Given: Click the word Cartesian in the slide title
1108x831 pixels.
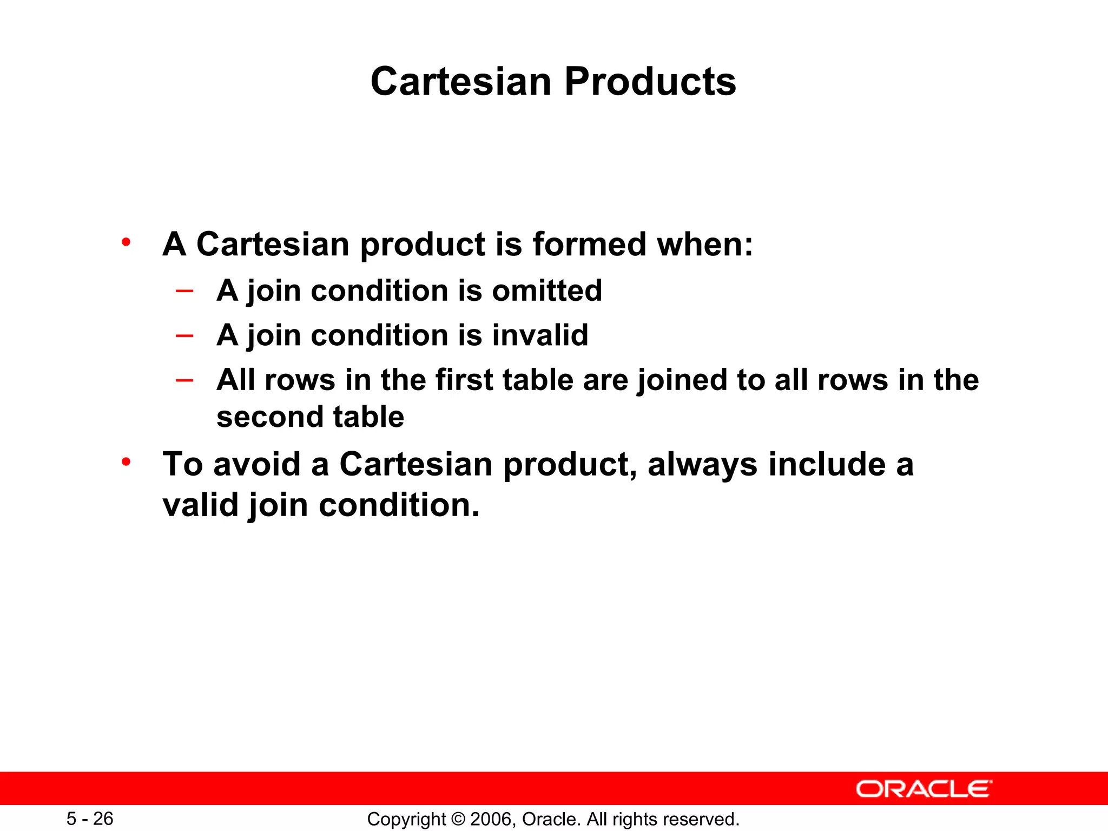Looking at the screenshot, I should (x=461, y=82).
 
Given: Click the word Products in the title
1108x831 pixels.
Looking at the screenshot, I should (x=650, y=82).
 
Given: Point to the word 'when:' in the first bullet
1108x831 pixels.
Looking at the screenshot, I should (x=705, y=244).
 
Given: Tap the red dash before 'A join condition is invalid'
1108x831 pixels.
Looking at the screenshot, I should (x=184, y=335).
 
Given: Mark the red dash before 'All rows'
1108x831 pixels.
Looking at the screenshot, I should (x=184, y=380).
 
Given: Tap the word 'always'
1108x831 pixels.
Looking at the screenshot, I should (x=702, y=464).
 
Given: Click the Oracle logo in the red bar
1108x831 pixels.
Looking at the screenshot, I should (x=924, y=789).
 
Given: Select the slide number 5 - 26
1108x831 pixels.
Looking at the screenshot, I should (x=90, y=819).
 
